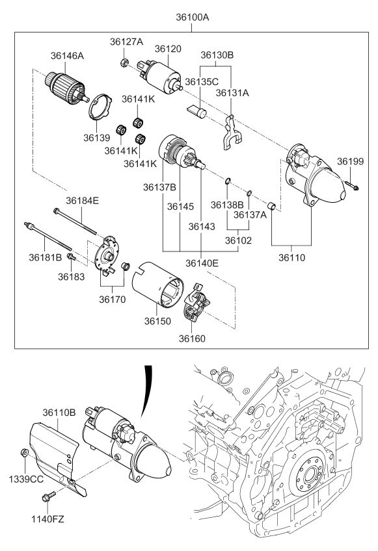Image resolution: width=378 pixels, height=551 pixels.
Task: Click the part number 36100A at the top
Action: (x=192, y=17)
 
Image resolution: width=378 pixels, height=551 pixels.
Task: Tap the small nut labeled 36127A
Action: (x=124, y=63)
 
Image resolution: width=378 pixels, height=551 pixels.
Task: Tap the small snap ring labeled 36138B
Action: (x=228, y=181)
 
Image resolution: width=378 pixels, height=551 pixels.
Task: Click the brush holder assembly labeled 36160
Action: (x=196, y=301)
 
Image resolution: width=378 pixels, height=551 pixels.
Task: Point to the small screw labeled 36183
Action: (x=72, y=257)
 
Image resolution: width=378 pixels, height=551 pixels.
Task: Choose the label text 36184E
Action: (x=83, y=201)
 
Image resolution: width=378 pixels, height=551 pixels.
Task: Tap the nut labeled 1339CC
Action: (x=25, y=453)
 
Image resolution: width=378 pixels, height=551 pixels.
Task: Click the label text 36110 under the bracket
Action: (x=291, y=257)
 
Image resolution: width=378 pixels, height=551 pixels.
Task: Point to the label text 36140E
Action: (x=202, y=263)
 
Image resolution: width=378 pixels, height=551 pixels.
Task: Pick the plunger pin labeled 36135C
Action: (x=197, y=111)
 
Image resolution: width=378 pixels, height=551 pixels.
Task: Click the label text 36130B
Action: (x=217, y=55)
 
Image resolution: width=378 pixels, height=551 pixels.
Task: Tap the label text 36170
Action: (x=113, y=300)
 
